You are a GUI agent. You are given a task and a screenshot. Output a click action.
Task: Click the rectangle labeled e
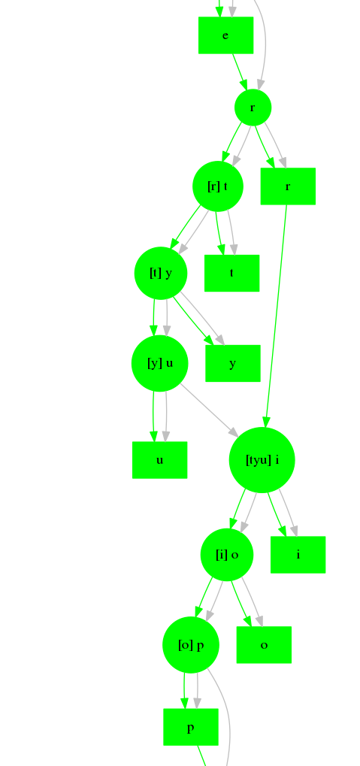[225, 35]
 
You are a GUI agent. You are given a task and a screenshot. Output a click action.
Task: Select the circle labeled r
[253, 107]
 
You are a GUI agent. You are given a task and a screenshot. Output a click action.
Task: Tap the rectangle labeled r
[288, 186]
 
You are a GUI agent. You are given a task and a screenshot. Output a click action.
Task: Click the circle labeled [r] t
[218, 186]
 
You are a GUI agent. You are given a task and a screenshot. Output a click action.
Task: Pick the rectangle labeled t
[231, 273]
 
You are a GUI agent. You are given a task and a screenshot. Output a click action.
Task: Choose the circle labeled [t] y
[161, 273]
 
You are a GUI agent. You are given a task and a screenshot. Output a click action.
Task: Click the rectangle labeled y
[232, 364]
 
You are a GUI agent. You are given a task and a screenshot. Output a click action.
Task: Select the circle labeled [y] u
[160, 364]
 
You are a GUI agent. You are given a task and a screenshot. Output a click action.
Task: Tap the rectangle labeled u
[160, 460]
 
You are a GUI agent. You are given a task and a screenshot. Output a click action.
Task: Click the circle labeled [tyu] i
[262, 460]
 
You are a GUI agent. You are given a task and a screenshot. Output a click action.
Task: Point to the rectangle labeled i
[298, 555]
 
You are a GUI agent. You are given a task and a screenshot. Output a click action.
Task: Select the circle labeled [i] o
[227, 555]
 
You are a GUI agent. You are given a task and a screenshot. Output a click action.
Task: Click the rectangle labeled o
[264, 645]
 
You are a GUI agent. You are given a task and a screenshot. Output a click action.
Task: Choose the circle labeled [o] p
[190, 645]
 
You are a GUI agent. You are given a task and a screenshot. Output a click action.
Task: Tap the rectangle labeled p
[190, 727]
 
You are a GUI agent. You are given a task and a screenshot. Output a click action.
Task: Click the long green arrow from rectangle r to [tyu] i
[276, 316]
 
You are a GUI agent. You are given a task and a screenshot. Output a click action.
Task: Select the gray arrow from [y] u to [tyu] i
[209, 410]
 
